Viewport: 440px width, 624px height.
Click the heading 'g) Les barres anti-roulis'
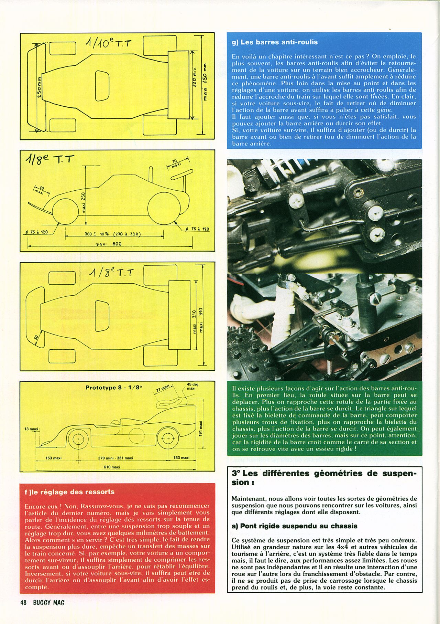pyautogui.click(x=275, y=42)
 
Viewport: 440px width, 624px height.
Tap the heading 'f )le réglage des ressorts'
pyautogui.click(x=69, y=492)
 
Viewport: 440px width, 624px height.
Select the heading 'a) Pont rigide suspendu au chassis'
pyautogui.click(x=294, y=526)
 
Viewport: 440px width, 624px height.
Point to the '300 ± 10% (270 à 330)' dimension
pyautogui.click(x=113, y=234)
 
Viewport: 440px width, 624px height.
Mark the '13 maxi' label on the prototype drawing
pyautogui.click(x=31, y=429)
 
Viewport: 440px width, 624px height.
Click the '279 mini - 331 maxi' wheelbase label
pyautogui.click(x=115, y=458)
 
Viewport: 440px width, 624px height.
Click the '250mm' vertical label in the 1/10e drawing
pyautogui.click(x=39, y=88)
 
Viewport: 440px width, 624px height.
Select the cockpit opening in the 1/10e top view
pyautogui.click(x=102, y=86)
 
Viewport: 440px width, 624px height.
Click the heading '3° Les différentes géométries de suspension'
pyautogui.click(x=324, y=477)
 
